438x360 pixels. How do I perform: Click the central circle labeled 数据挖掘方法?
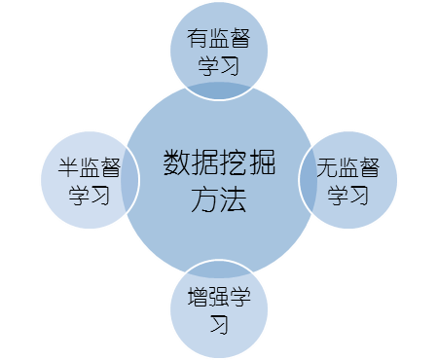pos(219,180)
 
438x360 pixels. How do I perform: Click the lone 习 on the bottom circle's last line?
pos(218,323)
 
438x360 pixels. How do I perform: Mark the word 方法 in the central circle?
pos(218,200)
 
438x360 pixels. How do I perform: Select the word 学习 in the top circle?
pos(218,66)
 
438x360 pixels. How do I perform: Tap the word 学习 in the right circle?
pos(347,194)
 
